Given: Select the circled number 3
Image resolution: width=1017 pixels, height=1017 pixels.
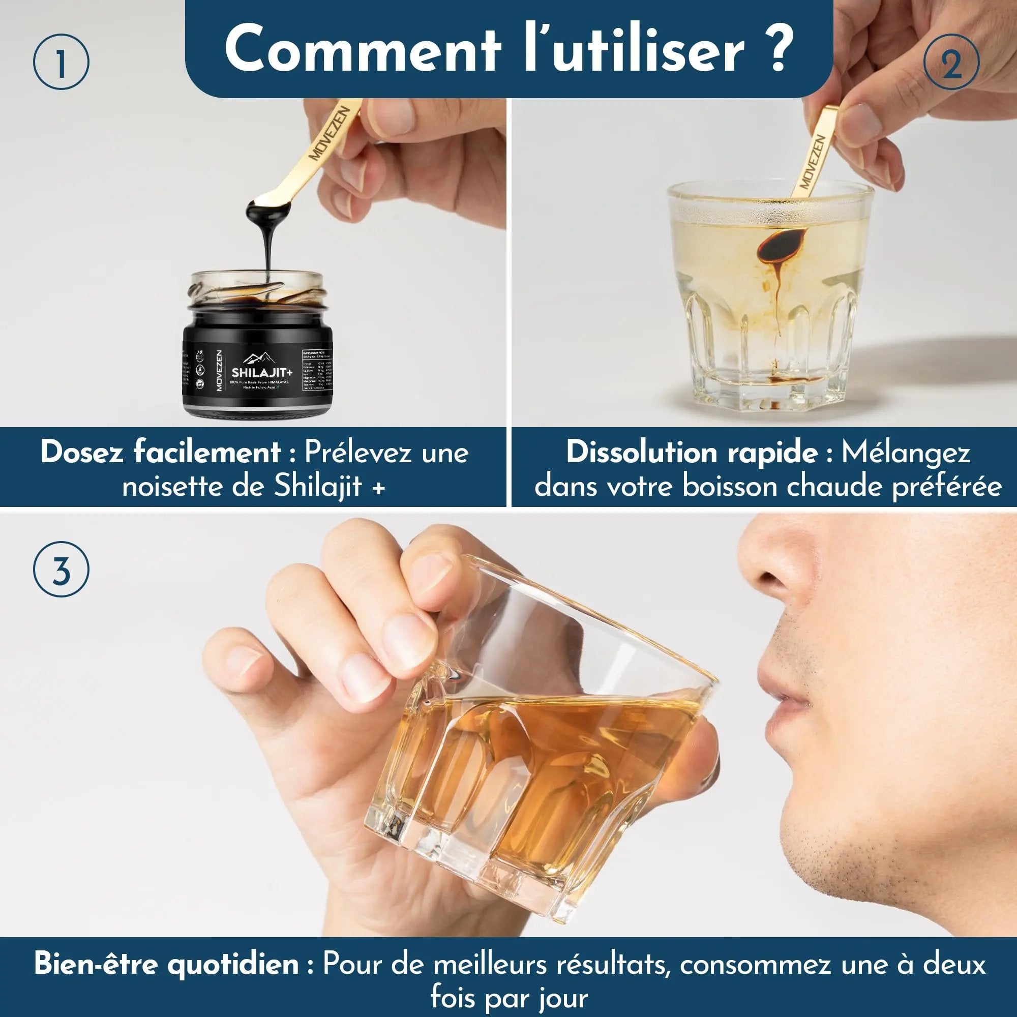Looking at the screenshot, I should (61, 572).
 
